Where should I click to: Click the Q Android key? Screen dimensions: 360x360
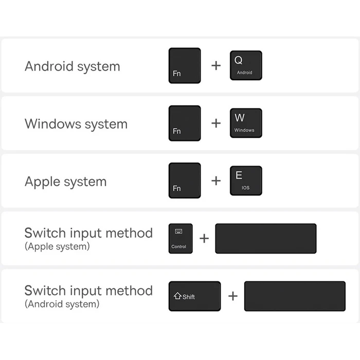tap(246, 65)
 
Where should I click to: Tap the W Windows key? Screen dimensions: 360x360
tap(246, 123)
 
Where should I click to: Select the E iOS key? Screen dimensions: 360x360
tap(246, 181)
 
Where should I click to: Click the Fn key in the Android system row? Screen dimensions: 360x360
tap(185, 66)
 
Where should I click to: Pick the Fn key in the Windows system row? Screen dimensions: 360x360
tap(185, 123)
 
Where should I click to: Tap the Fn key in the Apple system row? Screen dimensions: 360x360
tap(185, 181)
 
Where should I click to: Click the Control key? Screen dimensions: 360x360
tap(181, 239)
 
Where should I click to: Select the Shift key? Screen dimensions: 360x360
tap(195, 296)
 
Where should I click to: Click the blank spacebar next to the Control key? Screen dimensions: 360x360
tap(266, 239)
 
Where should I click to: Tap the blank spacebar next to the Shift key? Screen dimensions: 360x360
tap(295, 296)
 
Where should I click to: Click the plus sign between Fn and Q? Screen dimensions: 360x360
tap(216, 66)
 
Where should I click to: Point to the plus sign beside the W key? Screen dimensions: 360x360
tap(216, 123)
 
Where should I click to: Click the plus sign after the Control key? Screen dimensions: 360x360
tap(204, 238)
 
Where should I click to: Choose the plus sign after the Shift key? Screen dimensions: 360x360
tap(233, 296)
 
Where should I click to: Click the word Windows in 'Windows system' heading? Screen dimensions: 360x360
tap(53, 124)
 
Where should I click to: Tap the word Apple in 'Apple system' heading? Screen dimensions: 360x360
tap(43, 182)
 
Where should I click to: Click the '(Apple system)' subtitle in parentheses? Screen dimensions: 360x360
tap(57, 246)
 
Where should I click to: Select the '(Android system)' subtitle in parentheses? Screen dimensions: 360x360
tap(62, 304)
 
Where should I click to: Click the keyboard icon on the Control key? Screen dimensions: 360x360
tap(178, 231)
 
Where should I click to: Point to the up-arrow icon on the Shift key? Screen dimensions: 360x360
tap(178, 296)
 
